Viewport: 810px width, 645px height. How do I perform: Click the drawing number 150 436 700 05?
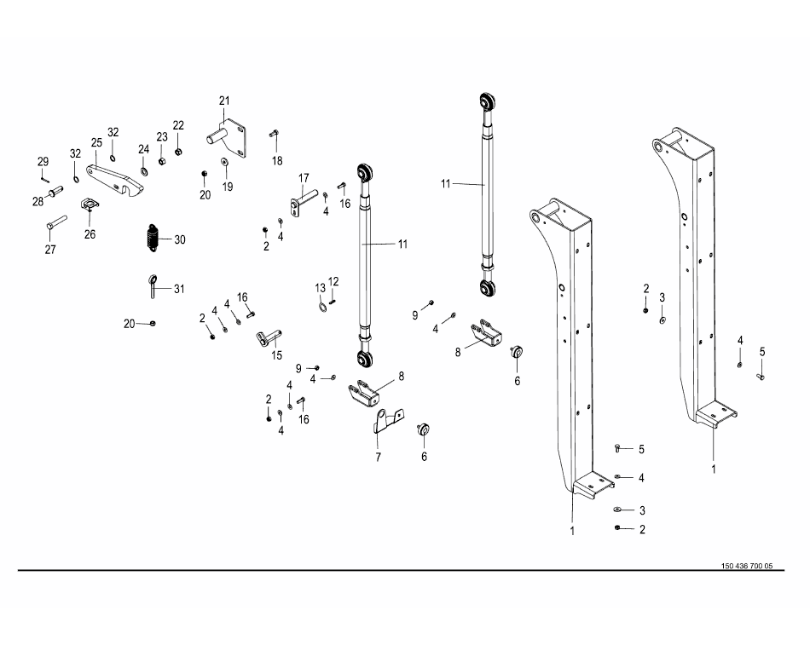point(746,566)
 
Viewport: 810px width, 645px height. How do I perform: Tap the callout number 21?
point(224,101)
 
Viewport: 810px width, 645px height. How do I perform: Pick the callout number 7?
point(378,457)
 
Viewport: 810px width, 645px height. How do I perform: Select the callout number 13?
point(321,287)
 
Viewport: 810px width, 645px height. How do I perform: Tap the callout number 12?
point(333,280)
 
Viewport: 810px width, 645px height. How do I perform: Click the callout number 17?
point(302,177)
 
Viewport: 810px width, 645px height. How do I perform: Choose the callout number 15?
point(276,354)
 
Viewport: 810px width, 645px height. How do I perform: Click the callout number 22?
point(178,125)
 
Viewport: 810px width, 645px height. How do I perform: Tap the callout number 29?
point(42,161)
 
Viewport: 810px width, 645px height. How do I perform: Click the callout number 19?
point(228,186)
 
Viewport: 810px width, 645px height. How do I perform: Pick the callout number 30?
point(180,239)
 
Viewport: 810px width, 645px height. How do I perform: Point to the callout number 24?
point(144,148)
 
